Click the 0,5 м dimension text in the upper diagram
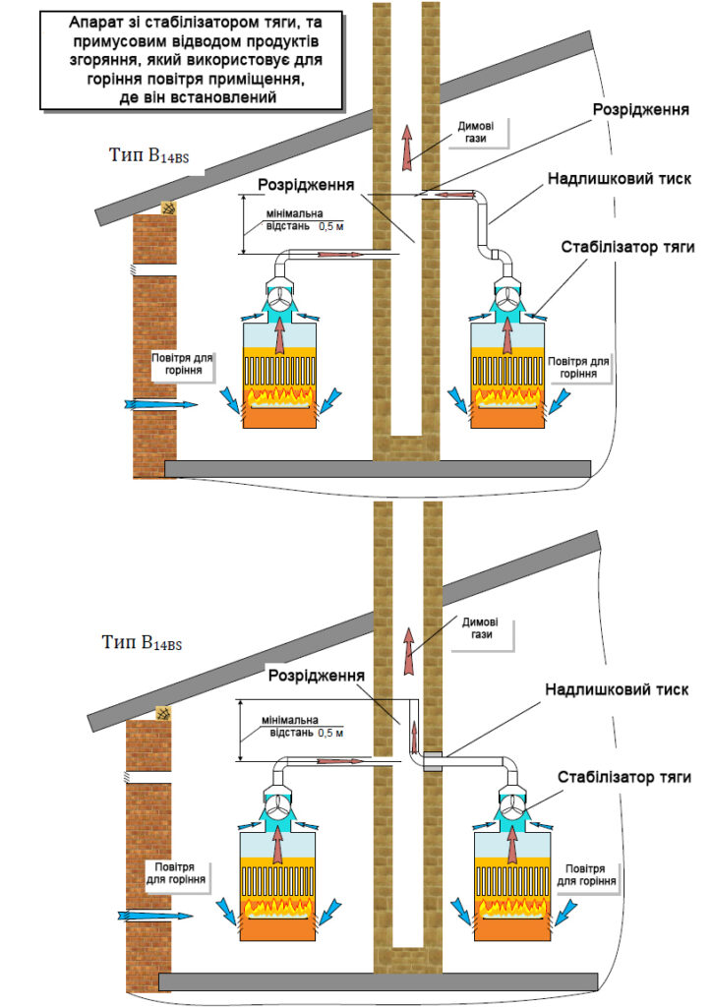coord(332,225)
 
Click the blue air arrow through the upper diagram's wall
coord(156,403)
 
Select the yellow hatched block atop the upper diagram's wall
coord(169,208)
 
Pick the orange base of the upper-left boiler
coord(280,414)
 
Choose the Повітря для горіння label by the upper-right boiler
coord(579,367)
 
